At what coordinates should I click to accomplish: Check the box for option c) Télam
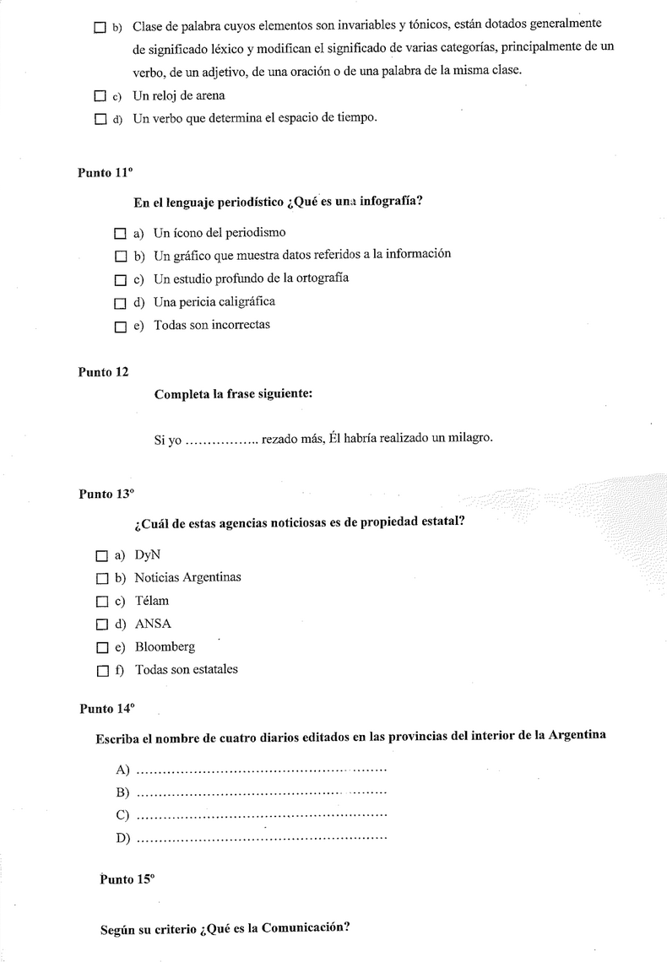pyautogui.click(x=102, y=602)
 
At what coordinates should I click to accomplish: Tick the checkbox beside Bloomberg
pyautogui.click(x=102, y=648)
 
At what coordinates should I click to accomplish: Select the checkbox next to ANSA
pyautogui.click(x=102, y=625)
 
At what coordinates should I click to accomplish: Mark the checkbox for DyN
pyautogui.click(x=102, y=556)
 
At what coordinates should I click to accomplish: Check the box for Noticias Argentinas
pyautogui.click(x=102, y=579)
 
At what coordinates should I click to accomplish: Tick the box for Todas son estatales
pyautogui.click(x=102, y=671)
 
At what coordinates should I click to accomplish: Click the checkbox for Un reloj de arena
pyautogui.click(x=100, y=97)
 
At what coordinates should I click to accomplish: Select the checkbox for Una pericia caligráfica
pyautogui.click(x=120, y=303)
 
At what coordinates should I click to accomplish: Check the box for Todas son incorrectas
pyautogui.click(x=120, y=327)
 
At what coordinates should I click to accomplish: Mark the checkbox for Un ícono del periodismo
pyautogui.click(x=120, y=233)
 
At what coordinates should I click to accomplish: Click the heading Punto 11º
pyautogui.click(x=106, y=172)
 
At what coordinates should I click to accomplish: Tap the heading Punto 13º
pyautogui.click(x=106, y=495)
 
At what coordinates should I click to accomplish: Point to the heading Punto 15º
pyautogui.click(x=127, y=879)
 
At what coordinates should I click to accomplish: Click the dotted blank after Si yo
pyautogui.click(x=221, y=440)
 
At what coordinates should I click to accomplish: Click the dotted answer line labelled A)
pyautogui.click(x=261, y=770)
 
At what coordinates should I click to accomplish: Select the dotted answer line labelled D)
pyautogui.click(x=261, y=839)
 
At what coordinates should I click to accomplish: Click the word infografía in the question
pyautogui.click(x=391, y=203)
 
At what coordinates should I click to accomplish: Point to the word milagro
pyautogui.click(x=467, y=437)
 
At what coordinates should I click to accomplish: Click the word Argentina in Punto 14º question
pyautogui.click(x=577, y=735)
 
